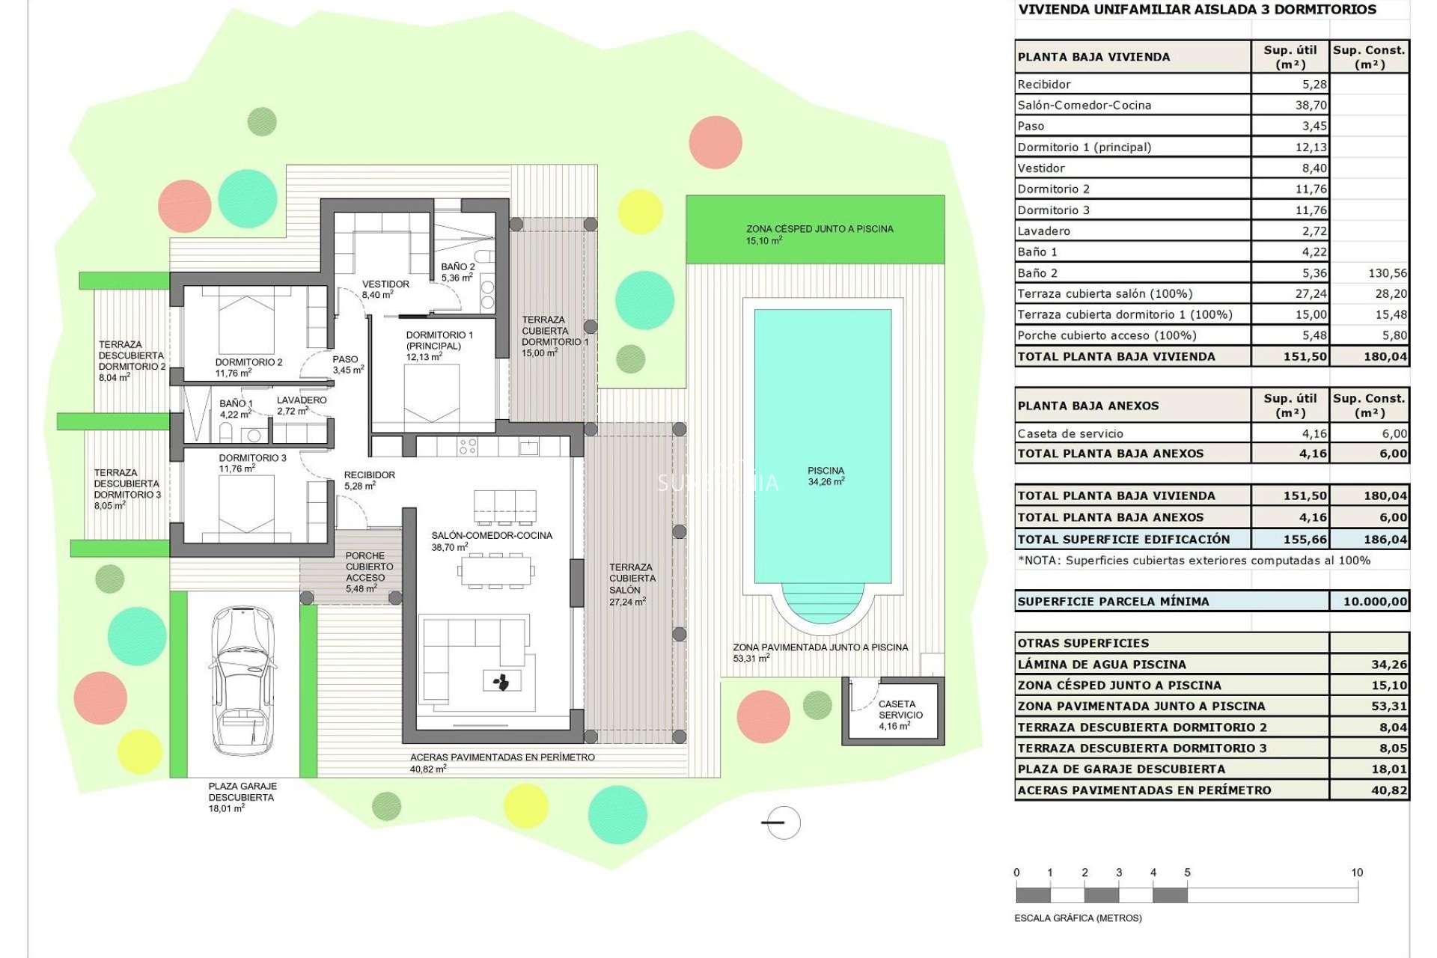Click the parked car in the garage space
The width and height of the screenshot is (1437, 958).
point(242,681)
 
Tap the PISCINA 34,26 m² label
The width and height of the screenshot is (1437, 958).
point(826,476)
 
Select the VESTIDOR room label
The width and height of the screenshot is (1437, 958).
point(385,289)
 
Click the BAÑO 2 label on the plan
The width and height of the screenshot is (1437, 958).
point(457,272)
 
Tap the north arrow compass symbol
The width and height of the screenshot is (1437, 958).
point(783,823)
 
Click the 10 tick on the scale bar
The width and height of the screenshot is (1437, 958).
point(1357,873)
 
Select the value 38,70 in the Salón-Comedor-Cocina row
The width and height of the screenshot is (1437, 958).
point(1311,106)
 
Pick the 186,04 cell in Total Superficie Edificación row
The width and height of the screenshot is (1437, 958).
point(1385,539)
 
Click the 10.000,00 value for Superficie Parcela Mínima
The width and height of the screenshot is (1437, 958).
point(1375,601)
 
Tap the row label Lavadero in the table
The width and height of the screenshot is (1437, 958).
point(1043,231)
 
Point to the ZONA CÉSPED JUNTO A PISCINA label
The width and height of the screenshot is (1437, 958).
point(819,234)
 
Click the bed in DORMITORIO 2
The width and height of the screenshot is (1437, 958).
point(246,322)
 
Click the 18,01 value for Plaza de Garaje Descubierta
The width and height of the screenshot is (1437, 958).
point(1389,769)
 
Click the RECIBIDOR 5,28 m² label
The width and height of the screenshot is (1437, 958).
point(368,480)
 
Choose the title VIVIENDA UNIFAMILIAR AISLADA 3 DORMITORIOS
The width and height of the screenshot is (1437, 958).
point(1197,10)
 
